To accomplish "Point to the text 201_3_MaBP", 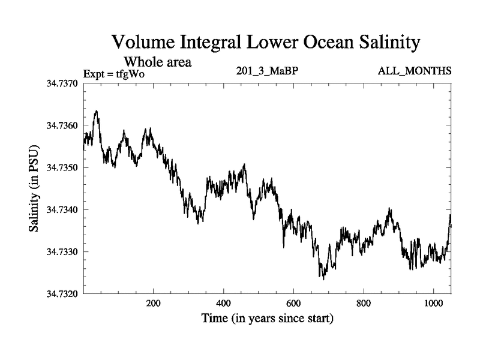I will point(268,71).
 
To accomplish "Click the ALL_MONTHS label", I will point(415,71).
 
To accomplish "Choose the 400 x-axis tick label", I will point(224,304).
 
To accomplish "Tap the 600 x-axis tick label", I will point(294,304).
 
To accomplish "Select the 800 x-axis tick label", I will point(364,304).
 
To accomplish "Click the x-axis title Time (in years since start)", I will point(267,319).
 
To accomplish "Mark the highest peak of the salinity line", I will point(97,111).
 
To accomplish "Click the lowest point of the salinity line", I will point(323,279).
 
